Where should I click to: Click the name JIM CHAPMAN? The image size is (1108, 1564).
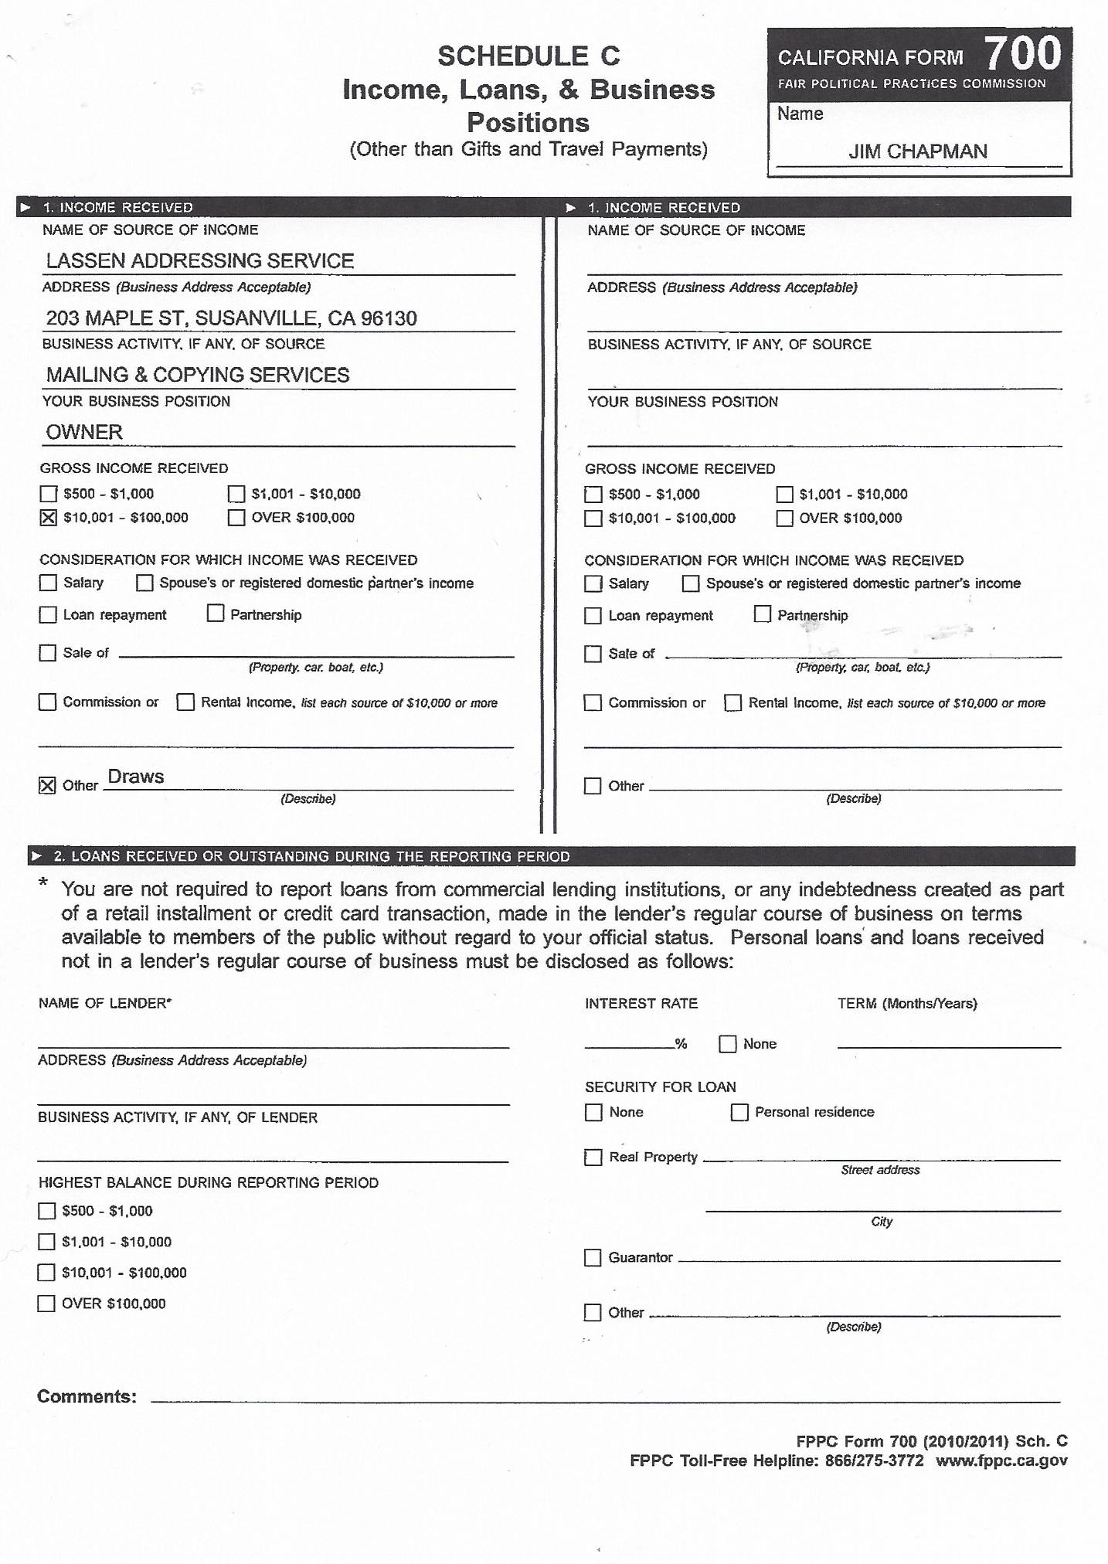click(918, 151)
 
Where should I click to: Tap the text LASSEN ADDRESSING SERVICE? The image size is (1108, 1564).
click(200, 261)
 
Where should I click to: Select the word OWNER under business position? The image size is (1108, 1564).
click(84, 432)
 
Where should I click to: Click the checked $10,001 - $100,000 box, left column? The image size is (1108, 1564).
click(48, 518)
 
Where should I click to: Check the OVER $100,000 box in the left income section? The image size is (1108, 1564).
click(236, 518)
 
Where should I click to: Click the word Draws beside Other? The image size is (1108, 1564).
click(136, 777)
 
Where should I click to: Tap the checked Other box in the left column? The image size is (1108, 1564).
click(48, 786)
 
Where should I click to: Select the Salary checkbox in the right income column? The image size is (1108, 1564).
click(593, 583)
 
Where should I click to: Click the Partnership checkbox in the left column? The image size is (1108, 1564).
click(216, 614)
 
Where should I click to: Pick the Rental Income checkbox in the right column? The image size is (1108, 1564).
click(732, 702)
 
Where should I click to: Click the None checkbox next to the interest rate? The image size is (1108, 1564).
click(727, 1044)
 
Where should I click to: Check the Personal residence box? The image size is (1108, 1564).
click(739, 1112)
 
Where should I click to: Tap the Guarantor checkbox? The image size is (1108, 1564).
click(593, 1257)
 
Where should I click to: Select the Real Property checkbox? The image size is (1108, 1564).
click(593, 1158)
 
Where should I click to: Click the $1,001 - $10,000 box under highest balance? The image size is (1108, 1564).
click(47, 1242)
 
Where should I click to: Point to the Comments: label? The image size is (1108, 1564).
click(87, 1396)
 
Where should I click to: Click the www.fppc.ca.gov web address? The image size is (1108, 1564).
click(1001, 1460)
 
